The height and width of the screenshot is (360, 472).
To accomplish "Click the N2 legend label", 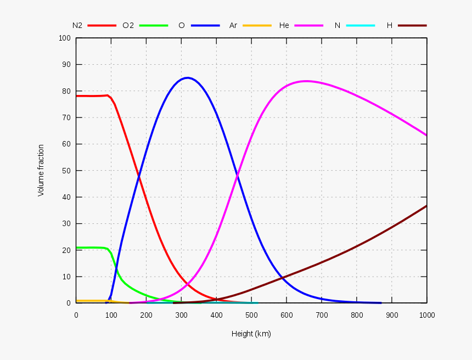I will [77, 25].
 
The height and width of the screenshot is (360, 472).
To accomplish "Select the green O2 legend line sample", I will [153, 25].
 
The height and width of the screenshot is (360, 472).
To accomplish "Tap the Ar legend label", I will [233, 25].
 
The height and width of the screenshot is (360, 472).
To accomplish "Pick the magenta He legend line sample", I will [308, 25].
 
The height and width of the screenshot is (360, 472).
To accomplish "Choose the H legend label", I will [389, 25].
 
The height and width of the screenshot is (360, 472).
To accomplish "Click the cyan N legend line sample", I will [361, 25].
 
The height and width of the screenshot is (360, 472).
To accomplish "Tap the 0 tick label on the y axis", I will [69, 303].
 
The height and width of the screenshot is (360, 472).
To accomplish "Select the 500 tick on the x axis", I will [251, 315].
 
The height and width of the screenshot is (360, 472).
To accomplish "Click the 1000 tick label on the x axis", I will [427, 315].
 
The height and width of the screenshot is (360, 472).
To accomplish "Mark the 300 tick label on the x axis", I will [181, 315].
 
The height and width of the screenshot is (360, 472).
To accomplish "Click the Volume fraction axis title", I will [41, 170].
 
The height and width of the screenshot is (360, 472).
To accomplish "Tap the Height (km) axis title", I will [251, 334].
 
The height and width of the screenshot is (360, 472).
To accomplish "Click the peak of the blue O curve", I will [188, 78].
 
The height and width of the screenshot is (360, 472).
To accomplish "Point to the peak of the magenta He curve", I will [306, 81].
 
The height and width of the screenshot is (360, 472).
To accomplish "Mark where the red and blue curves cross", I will [139, 176].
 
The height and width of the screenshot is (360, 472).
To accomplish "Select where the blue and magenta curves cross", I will [237, 176].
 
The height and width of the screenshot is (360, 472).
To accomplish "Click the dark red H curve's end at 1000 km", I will [426, 206].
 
